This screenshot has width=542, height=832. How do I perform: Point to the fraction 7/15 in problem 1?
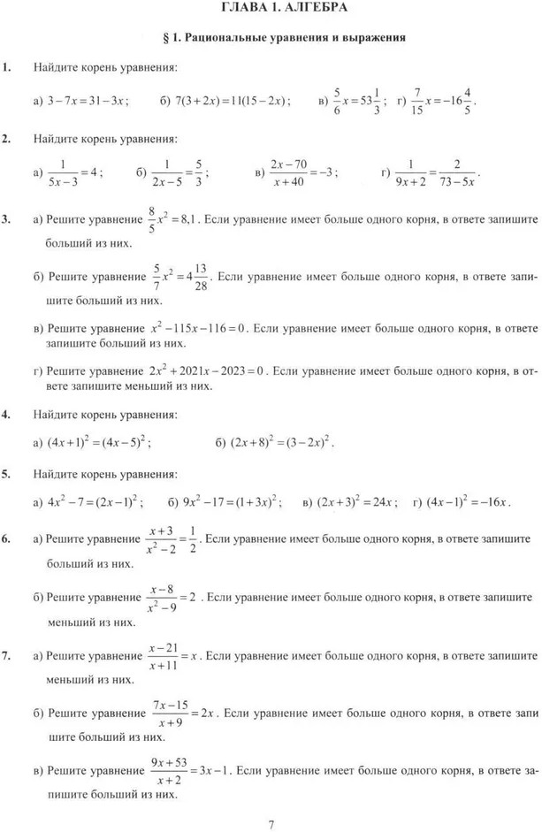pyautogui.click(x=419, y=101)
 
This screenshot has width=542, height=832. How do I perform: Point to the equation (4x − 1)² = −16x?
pyautogui.click(x=467, y=502)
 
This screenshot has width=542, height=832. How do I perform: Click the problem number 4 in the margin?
pyautogui.click(x=6, y=414)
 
